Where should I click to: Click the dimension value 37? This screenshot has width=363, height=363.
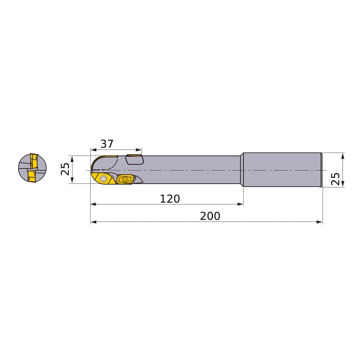[x=107, y=144]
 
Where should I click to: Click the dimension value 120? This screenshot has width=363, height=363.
[x=170, y=199]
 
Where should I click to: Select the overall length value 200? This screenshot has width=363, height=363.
[x=210, y=216]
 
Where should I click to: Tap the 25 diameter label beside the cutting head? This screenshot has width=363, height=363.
[x=65, y=169]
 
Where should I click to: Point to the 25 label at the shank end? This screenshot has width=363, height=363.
[x=335, y=178]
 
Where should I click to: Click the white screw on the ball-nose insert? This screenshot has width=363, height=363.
[x=103, y=178]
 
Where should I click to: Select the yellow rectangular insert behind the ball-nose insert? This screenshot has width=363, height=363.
[x=124, y=179]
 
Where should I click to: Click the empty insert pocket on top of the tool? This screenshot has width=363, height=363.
[x=134, y=159]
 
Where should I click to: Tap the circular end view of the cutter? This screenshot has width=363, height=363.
[x=32, y=168]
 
